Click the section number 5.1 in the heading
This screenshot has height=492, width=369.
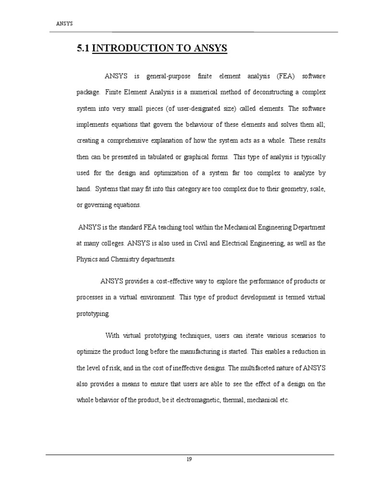(x=83, y=48)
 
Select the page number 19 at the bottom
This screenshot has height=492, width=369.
(x=189, y=459)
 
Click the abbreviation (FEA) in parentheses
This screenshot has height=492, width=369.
(x=287, y=76)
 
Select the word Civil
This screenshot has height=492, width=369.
(x=197, y=243)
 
